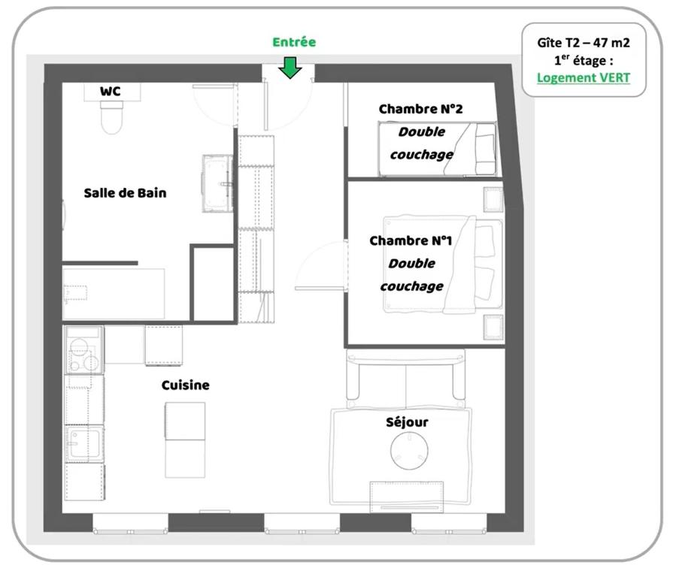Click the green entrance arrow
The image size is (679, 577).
[289, 68]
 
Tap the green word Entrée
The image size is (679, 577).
[294, 42]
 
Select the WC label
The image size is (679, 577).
[110, 92]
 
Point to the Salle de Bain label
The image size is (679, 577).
[125, 193]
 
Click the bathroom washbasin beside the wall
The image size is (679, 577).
[217, 183]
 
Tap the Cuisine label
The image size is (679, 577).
[185, 385]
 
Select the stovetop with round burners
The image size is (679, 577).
[84, 350]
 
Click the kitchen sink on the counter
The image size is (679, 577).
[84, 444]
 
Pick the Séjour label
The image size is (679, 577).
[407, 422]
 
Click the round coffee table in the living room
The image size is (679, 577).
[409, 451]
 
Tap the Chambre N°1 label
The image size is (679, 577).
[411, 240]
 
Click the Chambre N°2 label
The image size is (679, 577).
[420, 109]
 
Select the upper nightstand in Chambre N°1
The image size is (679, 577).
[493, 199]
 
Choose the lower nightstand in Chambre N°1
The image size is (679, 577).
[493, 328]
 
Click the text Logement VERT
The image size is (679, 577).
[584, 78]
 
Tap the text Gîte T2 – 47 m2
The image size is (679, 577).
[584, 43]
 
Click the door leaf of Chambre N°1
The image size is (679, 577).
[320, 288]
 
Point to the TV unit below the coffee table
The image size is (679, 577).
[407, 497]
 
